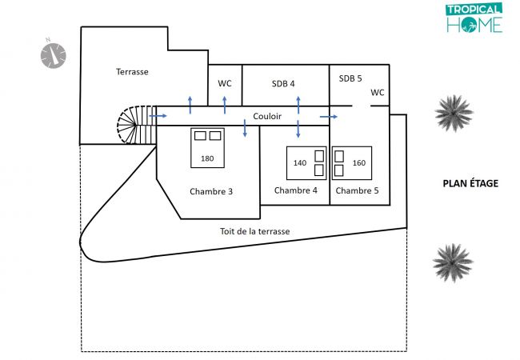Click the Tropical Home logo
coord(474,18)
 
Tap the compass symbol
coord(54,54)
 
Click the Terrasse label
coord(132,72)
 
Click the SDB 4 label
coord(283,83)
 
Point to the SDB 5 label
coord(350,78)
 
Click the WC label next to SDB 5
coord(378,92)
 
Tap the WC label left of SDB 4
coord(225,83)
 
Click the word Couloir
coord(267,117)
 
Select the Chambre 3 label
coord(211,191)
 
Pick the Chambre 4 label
coord(296,190)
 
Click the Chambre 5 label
coord(357,190)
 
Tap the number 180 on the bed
coord(207,158)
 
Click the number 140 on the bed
coord(300,163)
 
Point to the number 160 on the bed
coord(358,163)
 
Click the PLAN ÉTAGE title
coord(470,183)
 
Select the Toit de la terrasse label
coord(254,232)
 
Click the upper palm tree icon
coord(453,113)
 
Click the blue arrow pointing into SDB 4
coord(298,102)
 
